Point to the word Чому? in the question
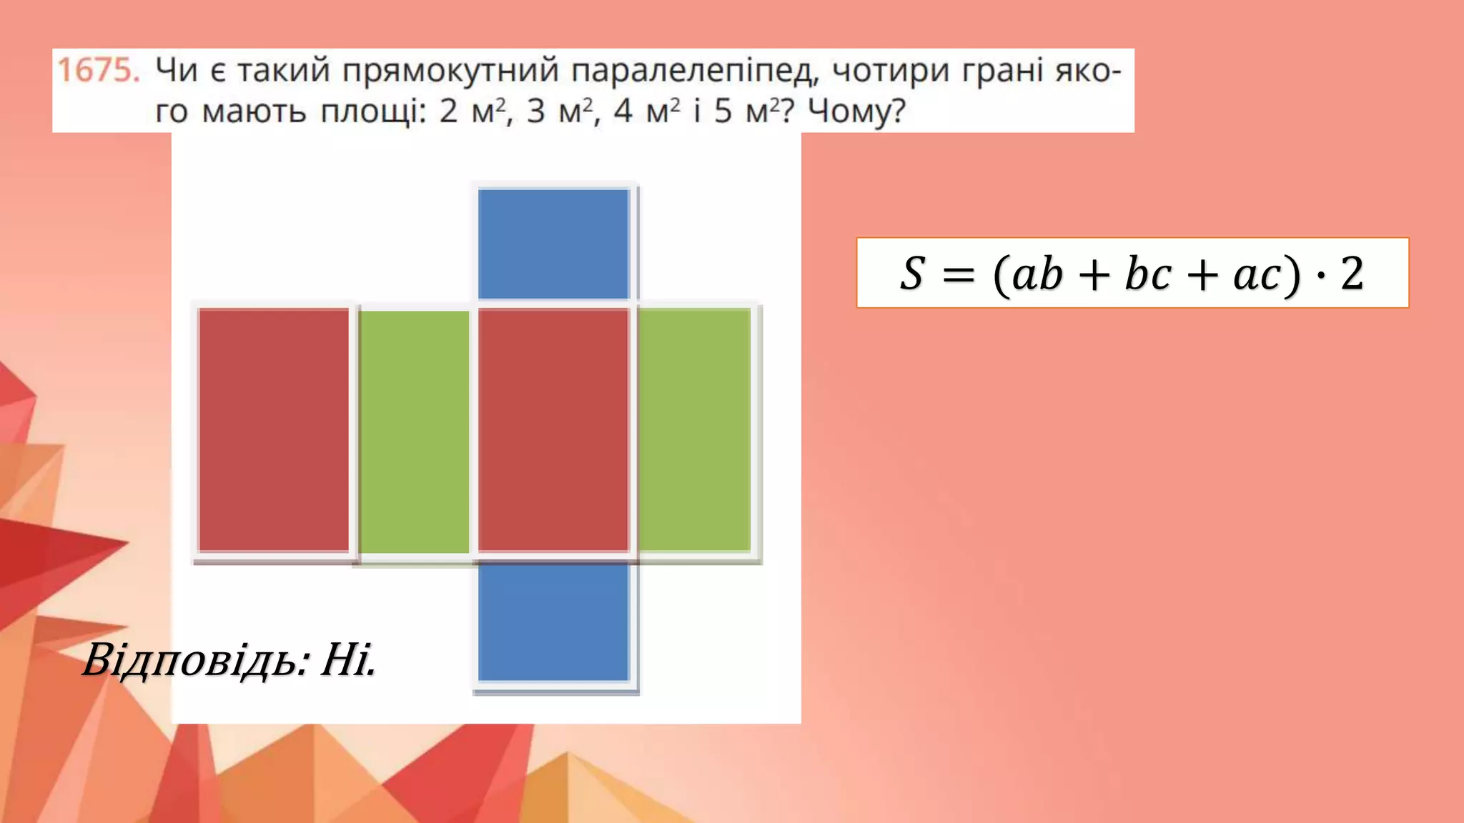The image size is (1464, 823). pos(856,111)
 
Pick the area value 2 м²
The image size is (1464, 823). pos(473,111)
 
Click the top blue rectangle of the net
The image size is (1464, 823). pos(553,244)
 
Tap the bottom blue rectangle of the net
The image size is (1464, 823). pos(553,622)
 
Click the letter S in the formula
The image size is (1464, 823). pos(912,274)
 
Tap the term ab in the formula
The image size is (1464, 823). pos(1037,274)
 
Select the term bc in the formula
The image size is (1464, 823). pos(1148,274)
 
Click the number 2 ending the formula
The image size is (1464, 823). pos(1352,274)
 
